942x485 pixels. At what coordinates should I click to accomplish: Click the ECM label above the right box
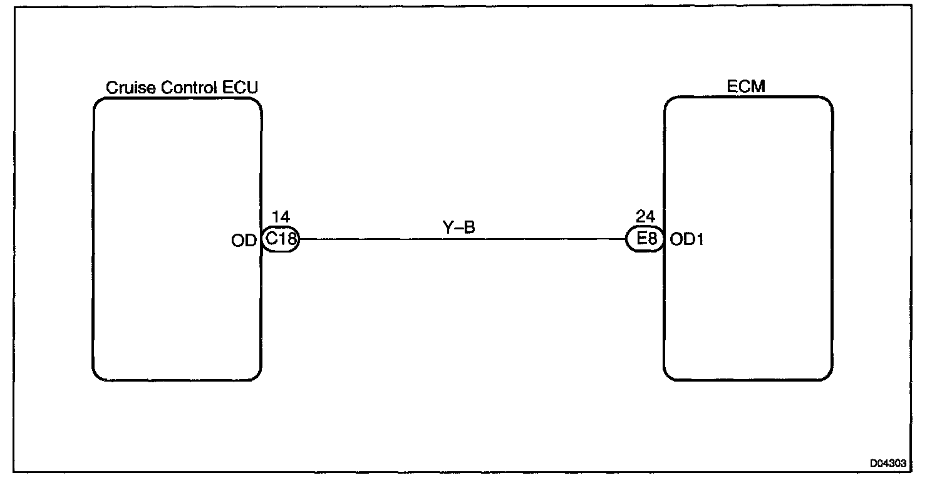point(746,87)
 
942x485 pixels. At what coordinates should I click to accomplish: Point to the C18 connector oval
point(281,239)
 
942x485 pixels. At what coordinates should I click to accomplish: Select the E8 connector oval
point(645,239)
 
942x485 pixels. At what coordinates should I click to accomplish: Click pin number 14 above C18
point(281,217)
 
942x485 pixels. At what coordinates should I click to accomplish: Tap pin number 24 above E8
point(645,217)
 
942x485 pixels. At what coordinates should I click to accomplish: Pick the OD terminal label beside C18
point(244,240)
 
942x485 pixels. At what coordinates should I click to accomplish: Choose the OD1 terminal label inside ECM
point(686,239)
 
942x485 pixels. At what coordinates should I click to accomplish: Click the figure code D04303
point(888,463)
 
